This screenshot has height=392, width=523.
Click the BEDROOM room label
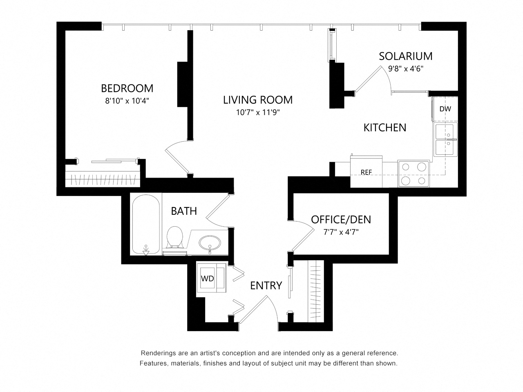pyautogui.click(x=127, y=88)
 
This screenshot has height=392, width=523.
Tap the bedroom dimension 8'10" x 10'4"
pyautogui.click(x=127, y=101)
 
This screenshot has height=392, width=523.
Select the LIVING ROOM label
pyautogui.click(x=258, y=100)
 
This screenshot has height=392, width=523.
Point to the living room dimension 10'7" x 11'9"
pyautogui.click(x=258, y=112)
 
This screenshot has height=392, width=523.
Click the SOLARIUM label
pyautogui.click(x=405, y=56)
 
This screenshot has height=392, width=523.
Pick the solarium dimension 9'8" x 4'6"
pyautogui.click(x=405, y=69)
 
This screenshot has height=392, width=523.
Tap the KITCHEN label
pyautogui.click(x=385, y=127)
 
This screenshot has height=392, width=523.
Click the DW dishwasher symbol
pyautogui.click(x=445, y=109)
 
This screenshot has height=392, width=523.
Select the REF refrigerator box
pyautogui.click(x=366, y=172)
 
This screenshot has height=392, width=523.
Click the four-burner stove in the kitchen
pyautogui.click(x=413, y=174)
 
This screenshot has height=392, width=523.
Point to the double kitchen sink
pyautogui.click(x=446, y=140)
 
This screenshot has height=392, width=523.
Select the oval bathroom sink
pyautogui.click(x=210, y=243)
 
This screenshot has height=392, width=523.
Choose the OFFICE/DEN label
pyautogui.click(x=341, y=219)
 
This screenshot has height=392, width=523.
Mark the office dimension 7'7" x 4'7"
pyautogui.click(x=337, y=232)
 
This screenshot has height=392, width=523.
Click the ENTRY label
pyautogui.click(x=266, y=285)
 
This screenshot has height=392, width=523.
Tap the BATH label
pyautogui.click(x=184, y=211)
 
